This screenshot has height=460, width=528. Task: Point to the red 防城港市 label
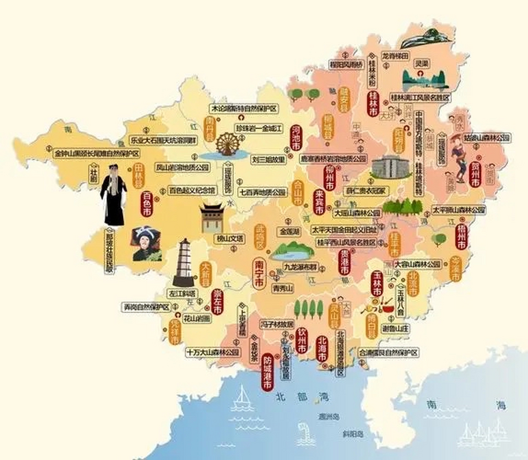point(267,373)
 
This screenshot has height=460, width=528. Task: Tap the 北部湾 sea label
point(302,397)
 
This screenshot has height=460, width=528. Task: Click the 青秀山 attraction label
point(283,288)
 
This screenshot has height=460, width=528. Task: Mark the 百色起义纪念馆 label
point(193,190)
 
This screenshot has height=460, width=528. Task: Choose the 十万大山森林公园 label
point(213,352)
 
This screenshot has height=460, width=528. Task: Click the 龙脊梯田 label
point(395,56)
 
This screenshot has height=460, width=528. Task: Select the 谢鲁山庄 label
point(395,328)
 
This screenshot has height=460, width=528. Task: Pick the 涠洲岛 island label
point(329,417)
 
